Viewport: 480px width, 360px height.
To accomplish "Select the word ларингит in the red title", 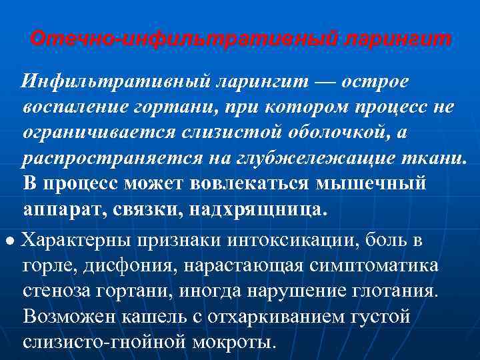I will click(x=397, y=39).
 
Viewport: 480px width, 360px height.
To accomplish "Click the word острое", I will click(x=370, y=81).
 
